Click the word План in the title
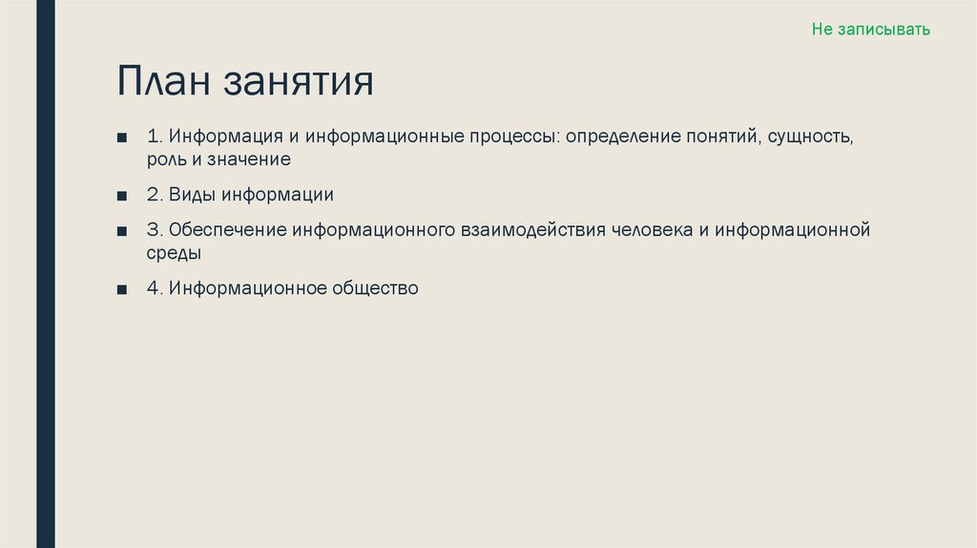162,81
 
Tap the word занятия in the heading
299,83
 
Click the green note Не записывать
870,30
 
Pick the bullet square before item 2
122,196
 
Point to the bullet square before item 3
122,231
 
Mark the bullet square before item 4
122,288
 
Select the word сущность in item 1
813,137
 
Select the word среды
174,254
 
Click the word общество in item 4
376,287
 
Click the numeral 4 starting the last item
153,287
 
